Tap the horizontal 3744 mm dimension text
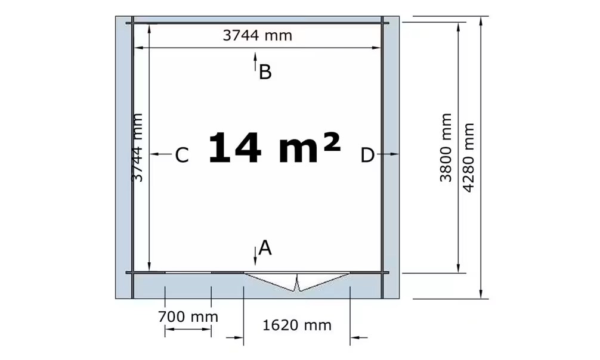[x=257, y=36]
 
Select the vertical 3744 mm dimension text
[x=137, y=148]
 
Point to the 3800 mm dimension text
[x=446, y=148]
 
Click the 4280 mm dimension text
[x=468, y=157]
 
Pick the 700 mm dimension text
[x=188, y=316]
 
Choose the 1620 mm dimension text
[x=296, y=325]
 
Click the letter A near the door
[x=265, y=248]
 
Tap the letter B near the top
[x=265, y=72]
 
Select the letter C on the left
[x=182, y=156]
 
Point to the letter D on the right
[x=367, y=156]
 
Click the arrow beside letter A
[x=255, y=256]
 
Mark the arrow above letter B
[x=255, y=62]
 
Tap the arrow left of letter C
[x=160, y=154]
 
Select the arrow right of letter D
[x=388, y=154]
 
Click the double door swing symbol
[x=297, y=282]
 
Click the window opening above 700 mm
[x=188, y=273]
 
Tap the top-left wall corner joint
[x=132, y=23]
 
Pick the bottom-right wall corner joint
[x=382, y=273]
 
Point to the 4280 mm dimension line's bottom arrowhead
[x=481, y=294]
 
